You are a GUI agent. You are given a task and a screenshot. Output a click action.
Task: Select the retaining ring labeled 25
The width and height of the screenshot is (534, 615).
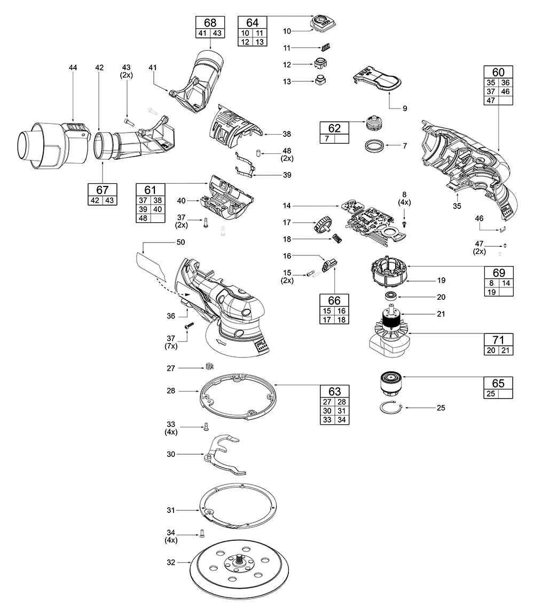pyautogui.click(x=392, y=408)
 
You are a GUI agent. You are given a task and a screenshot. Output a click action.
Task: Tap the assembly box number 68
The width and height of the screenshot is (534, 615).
pyautogui.click(x=210, y=22)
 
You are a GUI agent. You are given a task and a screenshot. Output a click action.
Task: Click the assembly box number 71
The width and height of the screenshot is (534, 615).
pyautogui.click(x=498, y=340)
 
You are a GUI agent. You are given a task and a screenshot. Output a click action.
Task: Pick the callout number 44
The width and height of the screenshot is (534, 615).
pyautogui.click(x=73, y=67)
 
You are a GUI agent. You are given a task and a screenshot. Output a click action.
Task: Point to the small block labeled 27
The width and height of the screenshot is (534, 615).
pyautogui.click(x=209, y=367)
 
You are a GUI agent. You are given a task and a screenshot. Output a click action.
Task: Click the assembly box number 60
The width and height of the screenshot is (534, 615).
pyautogui.click(x=498, y=72)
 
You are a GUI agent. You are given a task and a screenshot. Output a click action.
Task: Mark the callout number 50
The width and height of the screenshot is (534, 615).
pyautogui.click(x=180, y=243)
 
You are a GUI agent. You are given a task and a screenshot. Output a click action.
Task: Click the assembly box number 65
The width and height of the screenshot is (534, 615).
pyautogui.click(x=498, y=383)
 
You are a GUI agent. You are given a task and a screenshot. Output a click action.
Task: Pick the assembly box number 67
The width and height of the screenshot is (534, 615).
pyautogui.click(x=102, y=190)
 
